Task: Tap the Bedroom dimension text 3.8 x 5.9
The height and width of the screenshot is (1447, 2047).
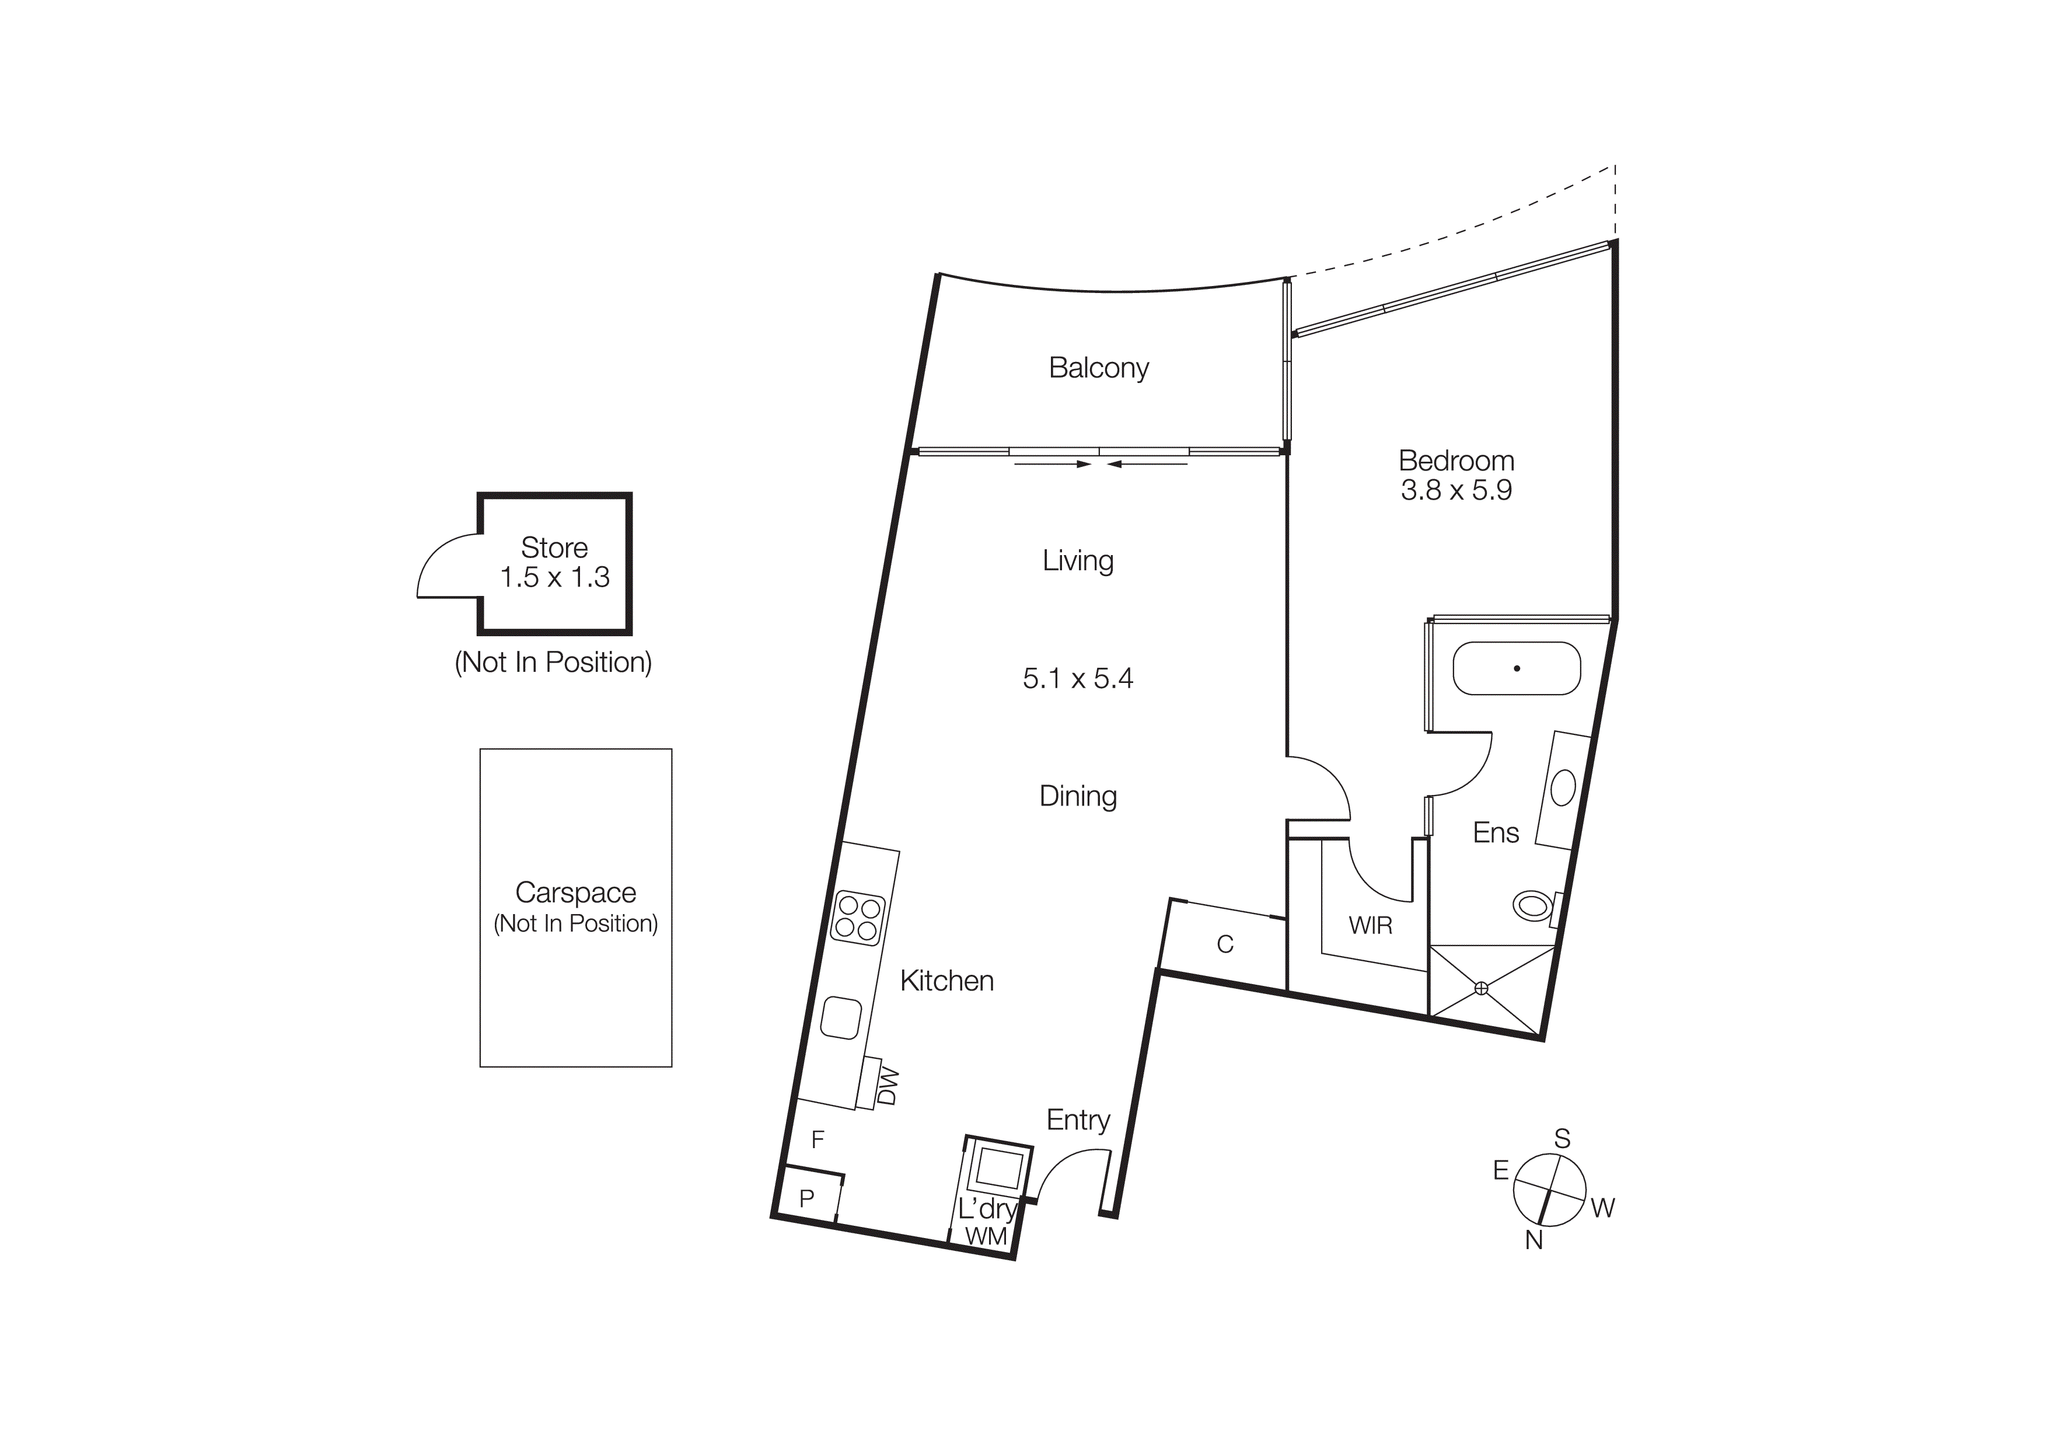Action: [1456, 490]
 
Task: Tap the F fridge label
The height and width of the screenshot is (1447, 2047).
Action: [818, 1139]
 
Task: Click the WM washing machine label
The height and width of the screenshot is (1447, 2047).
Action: [986, 1237]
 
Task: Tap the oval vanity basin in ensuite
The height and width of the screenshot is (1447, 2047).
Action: [1563, 787]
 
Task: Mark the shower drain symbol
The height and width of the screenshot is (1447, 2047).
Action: [1482, 988]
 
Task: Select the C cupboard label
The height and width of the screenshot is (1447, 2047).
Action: [1225, 944]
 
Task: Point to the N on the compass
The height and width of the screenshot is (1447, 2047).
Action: [1533, 1240]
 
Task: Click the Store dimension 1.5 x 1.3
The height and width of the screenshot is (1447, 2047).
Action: [554, 578]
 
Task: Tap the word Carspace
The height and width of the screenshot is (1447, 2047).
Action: [576, 892]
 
